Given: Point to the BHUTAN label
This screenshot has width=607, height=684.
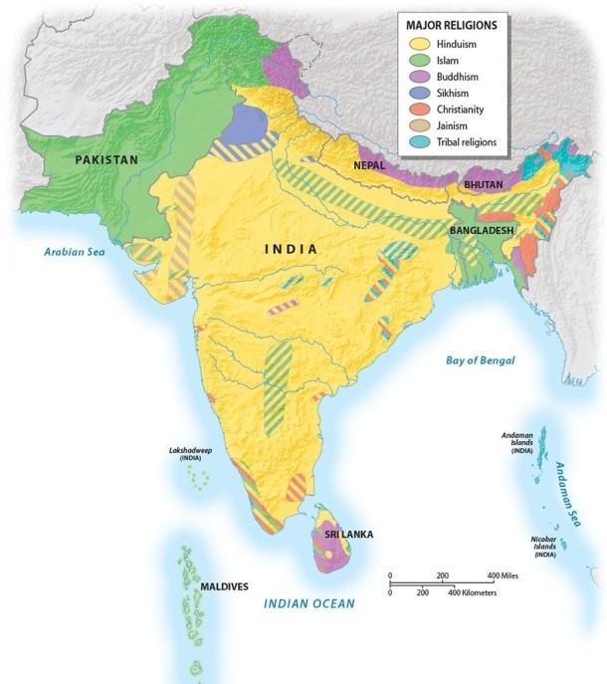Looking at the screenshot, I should [482, 185].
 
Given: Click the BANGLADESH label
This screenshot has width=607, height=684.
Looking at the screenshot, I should [481, 230].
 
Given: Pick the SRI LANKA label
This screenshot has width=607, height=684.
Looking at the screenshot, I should [347, 535].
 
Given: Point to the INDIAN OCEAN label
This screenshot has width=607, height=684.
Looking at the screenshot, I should [308, 603].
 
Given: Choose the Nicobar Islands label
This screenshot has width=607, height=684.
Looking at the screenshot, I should [544, 546].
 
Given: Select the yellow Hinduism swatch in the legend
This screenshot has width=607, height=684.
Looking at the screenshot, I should [420, 44].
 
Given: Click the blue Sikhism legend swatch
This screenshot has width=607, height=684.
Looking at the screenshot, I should [420, 93].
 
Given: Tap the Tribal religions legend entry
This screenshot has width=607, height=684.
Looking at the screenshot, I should [459, 141].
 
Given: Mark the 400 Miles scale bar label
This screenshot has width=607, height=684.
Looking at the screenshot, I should [504, 576].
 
